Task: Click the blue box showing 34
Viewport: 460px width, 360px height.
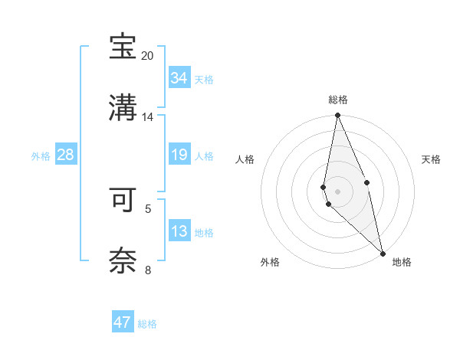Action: pos(179,78)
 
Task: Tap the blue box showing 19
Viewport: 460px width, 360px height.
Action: pos(179,155)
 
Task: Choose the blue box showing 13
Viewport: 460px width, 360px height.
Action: pos(179,232)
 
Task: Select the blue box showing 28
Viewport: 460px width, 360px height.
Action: pos(66,155)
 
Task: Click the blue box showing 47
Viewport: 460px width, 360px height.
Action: pos(123,322)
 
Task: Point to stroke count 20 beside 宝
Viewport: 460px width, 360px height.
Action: pos(147,56)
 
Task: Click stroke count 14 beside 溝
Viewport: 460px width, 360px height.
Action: pos(147,117)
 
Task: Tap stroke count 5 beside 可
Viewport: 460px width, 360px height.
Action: pos(147,208)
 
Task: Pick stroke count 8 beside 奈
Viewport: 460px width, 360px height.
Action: pos(147,270)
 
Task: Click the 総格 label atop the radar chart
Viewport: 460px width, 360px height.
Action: pos(338,100)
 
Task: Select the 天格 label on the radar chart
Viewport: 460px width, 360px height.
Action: pos(432,159)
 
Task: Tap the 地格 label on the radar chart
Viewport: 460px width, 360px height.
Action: pos(402,262)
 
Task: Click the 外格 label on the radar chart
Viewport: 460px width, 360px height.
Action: pos(270,262)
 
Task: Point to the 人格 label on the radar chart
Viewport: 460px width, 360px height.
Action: pos(245,159)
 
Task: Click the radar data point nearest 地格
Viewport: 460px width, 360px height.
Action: pos(383,253)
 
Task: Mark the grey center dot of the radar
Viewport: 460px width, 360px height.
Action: pos(338,191)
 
